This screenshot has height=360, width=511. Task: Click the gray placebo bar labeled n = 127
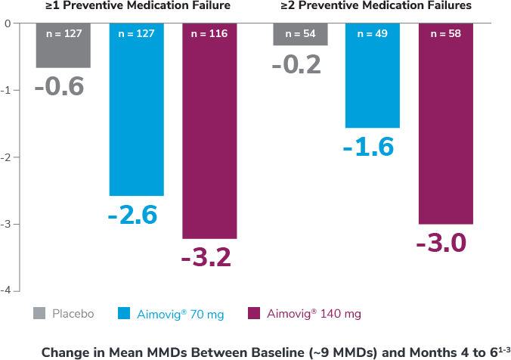point(63,45)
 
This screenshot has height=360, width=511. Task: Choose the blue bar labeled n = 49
point(372,76)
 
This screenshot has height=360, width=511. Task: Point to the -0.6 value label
point(59,86)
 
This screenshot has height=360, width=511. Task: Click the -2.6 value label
point(132,216)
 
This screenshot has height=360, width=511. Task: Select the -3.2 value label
point(206,258)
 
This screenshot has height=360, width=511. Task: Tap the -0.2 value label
point(296,64)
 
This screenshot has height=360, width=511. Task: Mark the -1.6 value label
point(368,147)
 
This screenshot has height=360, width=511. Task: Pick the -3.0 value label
point(441,244)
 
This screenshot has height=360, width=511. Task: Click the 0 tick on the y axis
point(7,23)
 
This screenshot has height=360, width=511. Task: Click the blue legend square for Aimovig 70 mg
point(124,313)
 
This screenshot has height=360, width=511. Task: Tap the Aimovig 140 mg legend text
point(309,313)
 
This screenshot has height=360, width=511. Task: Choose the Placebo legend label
point(73,313)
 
